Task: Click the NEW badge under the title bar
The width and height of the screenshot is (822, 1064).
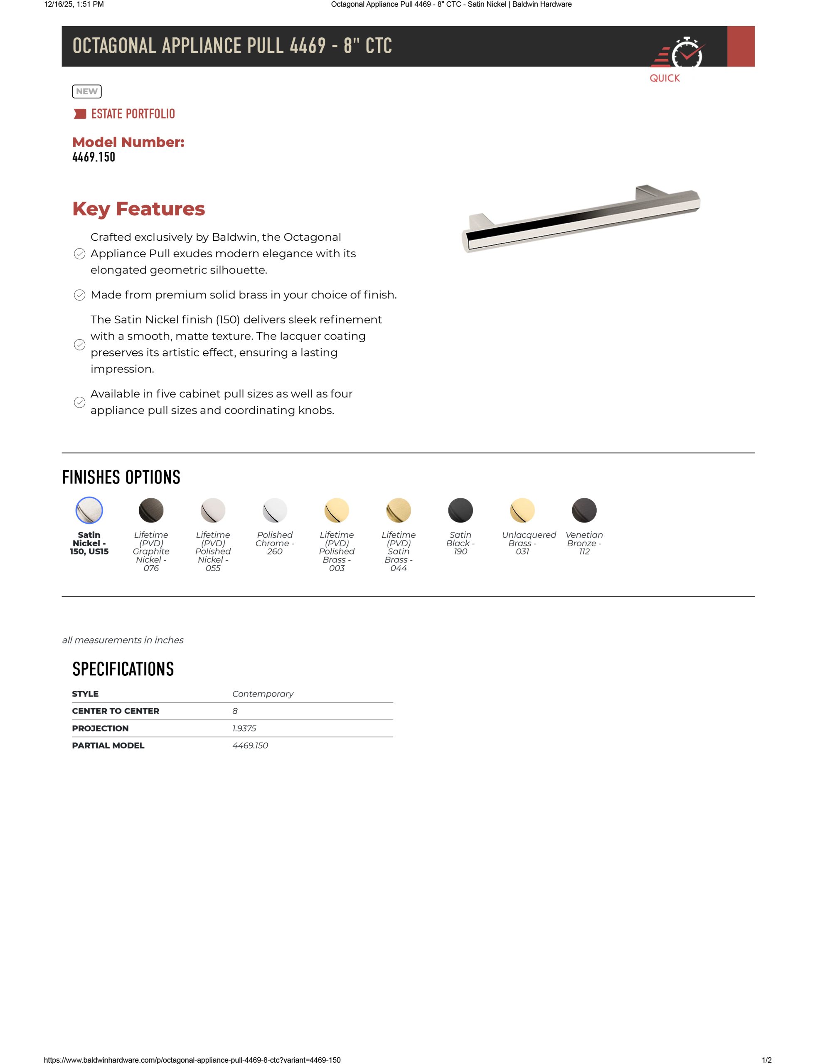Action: coord(87,91)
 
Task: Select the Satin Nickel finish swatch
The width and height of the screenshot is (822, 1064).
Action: coord(89,510)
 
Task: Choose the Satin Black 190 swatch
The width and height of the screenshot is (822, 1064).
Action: coord(460,510)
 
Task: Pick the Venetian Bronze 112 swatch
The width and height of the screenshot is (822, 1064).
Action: coord(584,510)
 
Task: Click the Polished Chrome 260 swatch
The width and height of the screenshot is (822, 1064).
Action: coord(275,510)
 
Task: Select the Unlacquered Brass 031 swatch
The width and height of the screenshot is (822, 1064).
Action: coord(522,510)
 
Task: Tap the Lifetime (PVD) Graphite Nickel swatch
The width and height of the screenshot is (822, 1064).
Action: coord(151,510)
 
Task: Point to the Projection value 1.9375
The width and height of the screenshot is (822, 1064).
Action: coord(244,728)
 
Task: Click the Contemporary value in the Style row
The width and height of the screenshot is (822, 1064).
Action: coord(263,694)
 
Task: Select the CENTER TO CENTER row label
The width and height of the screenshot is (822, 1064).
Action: coord(116,711)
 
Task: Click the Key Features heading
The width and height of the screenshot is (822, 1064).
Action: coord(138,209)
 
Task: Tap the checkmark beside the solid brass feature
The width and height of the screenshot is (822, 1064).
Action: coord(79,295)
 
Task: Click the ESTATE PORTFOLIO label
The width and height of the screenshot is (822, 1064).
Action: coord(133,114)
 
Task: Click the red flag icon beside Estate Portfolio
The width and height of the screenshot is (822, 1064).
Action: coord(79,114)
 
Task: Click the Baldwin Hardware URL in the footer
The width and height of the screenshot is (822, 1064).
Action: coord(192,1059)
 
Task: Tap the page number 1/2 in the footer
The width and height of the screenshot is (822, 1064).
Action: coord(766,1059)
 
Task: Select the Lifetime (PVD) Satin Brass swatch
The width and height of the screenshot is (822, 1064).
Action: coord(398,510)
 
